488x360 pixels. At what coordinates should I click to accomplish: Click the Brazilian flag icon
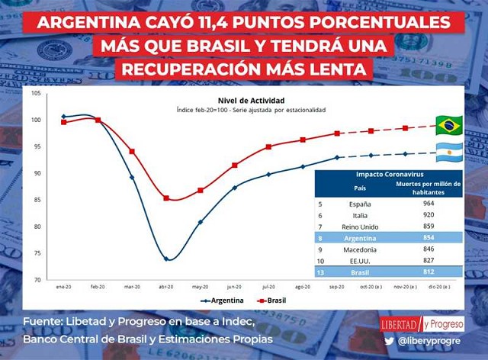coord(450,124)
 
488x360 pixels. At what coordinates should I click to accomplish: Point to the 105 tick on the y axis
coord(37,93)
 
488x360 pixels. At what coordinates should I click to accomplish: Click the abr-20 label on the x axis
coord(165,287)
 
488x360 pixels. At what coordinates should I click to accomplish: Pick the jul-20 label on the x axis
coord(268,287)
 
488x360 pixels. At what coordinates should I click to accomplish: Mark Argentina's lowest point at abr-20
coord(166,259)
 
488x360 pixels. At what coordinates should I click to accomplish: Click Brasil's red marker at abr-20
coord(166,198)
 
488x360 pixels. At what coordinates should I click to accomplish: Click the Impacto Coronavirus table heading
coord(388,175)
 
